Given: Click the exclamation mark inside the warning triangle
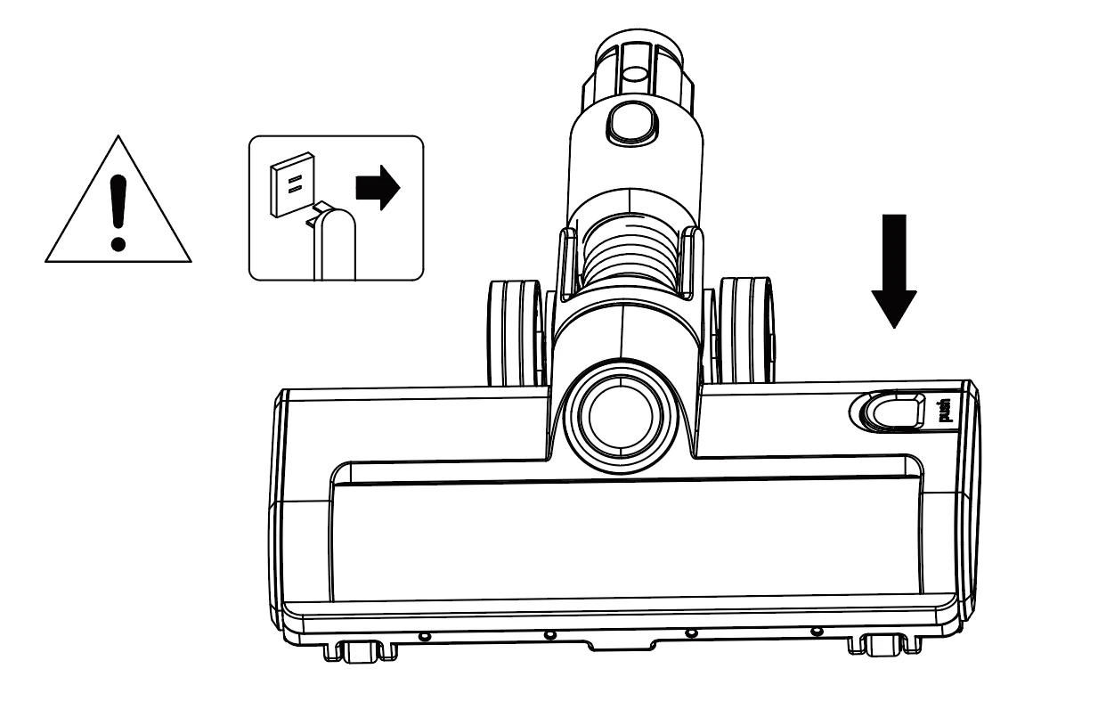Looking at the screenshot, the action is click(118, 213).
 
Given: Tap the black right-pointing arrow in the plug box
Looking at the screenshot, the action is click(378, 188).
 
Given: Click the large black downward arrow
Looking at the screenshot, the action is click(894, 271).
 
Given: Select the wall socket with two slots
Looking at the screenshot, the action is click(293, 184).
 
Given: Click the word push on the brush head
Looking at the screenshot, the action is click(944, 411).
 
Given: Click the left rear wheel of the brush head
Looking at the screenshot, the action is click(516, 332).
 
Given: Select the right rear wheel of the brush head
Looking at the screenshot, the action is click(746, 330).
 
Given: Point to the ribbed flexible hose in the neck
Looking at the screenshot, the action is click(631, 252).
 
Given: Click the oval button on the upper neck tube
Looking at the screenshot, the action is click(631, 123).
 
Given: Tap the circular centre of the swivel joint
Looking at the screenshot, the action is click(621, 417).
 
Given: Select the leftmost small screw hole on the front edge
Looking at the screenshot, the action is click(425, 636).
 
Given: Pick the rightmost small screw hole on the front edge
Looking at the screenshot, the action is click(816, 632).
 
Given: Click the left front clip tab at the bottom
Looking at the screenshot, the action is click(361, 651).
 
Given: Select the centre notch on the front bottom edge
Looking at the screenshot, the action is click(622, 645).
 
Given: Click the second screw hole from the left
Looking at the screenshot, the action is click(551, 635).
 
